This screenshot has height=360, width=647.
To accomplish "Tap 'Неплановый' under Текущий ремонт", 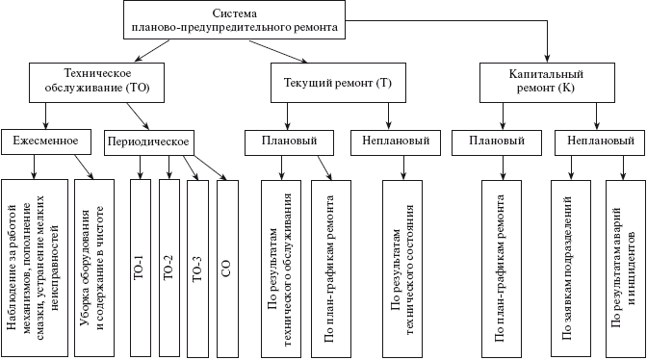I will (390, 141).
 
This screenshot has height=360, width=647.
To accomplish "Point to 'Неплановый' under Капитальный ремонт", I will (601, 141).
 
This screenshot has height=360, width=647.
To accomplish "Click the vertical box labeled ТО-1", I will (140, 266).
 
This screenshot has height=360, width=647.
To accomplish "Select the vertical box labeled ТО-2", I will (168, 266).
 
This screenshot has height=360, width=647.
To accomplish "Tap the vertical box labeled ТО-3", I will (197, 266).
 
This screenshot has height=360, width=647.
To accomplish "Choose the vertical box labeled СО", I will (227, 266).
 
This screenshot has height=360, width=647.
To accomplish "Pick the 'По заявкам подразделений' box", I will (566, 266).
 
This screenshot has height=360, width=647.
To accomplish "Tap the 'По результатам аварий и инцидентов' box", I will (622, 266).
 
